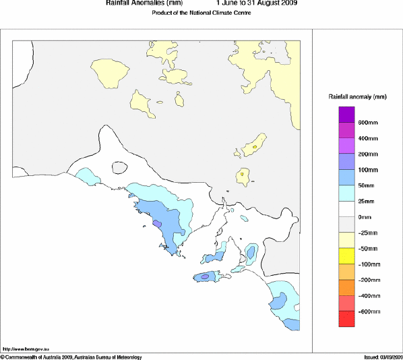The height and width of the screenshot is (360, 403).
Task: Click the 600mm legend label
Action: click(367, 122)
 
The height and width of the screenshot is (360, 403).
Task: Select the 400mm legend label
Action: click(367, 138)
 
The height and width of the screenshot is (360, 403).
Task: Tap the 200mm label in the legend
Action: click(367, 154)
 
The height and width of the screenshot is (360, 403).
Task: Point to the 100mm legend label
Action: click(367, 169)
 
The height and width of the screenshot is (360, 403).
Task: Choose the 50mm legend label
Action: click(366, 185)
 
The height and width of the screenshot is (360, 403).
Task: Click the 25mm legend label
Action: click(366, 201)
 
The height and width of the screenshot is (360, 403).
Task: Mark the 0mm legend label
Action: click(365, 217)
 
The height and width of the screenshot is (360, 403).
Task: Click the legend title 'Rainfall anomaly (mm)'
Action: click(357, 96)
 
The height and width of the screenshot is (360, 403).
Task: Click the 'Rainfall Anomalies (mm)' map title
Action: click(135, 3)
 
